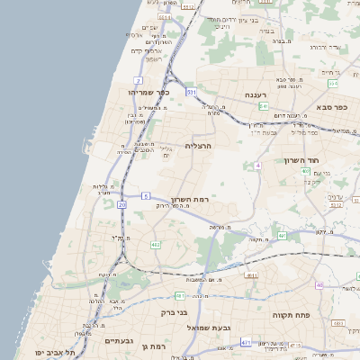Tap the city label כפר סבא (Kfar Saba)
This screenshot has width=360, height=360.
tap(330, 106)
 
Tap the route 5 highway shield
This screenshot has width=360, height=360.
tap(145, 195)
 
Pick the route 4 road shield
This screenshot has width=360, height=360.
tap(257, 166)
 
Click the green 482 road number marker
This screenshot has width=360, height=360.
tap(156, 244)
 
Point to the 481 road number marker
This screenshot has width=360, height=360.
tap(180, 295)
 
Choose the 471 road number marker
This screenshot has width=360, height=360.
tap(246, 342)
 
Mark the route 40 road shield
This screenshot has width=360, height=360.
tap(319, 285)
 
